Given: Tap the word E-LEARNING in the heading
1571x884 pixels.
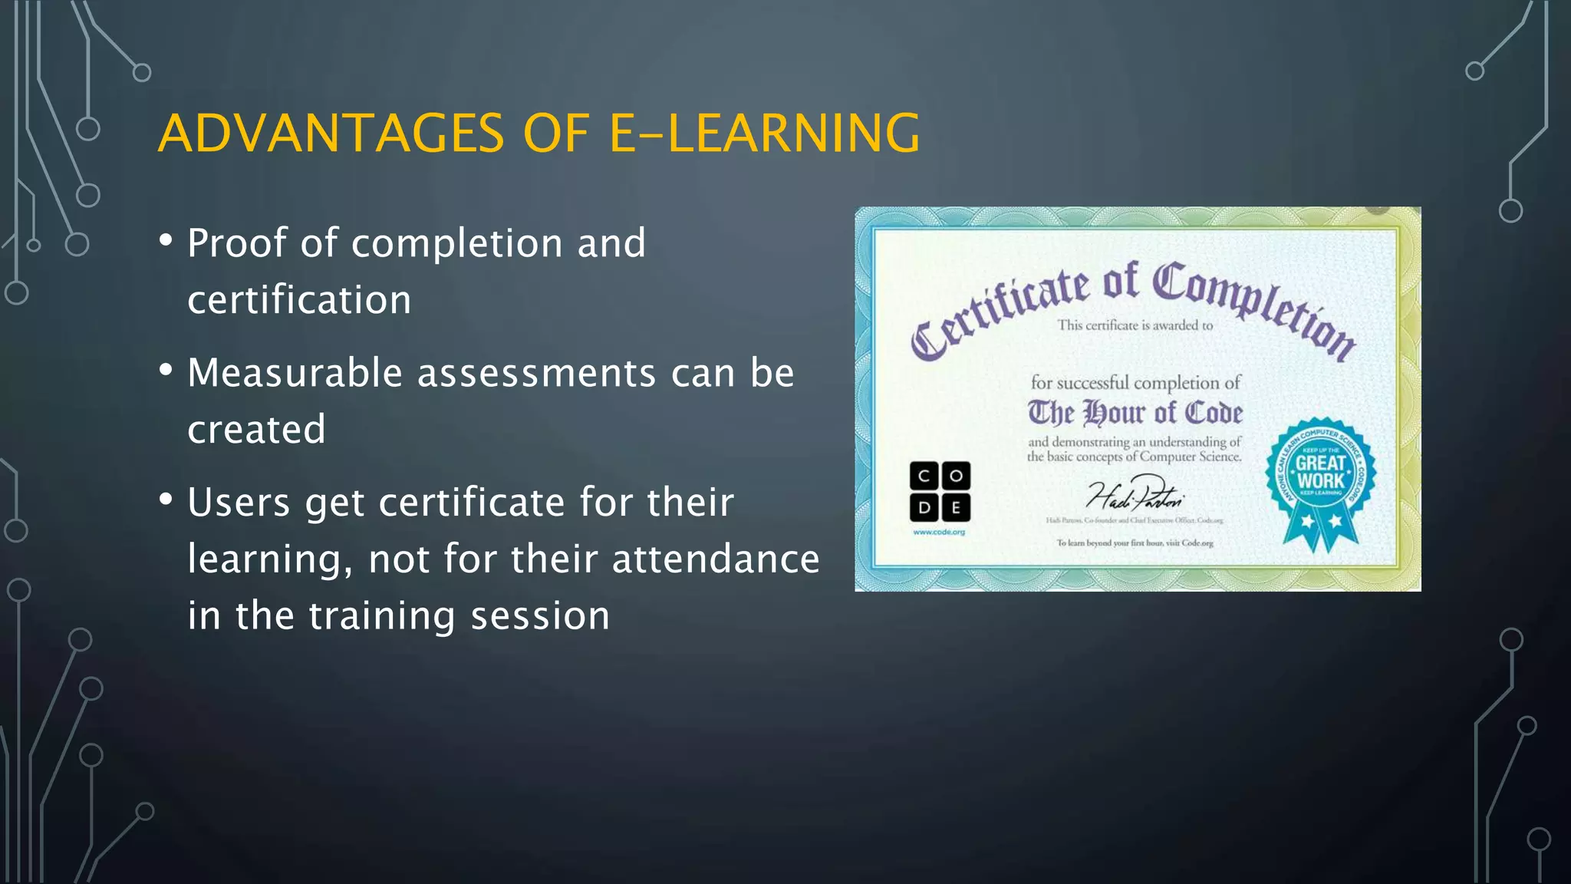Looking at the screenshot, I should pos(764,134).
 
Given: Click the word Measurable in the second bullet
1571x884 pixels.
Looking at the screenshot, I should pos(295,374).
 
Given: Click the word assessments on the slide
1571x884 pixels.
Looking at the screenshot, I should pos(536,374).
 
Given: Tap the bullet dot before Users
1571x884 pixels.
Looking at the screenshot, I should pos(166,500).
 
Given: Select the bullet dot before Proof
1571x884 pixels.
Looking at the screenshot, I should pos(166,241).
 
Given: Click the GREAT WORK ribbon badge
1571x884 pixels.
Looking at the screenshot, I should pos(1320,480).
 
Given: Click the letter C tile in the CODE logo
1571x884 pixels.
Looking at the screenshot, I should pos(924,476).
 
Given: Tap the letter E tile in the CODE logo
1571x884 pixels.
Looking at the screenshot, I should pos(956,507).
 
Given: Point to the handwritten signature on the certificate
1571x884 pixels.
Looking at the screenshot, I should pos(1135,495).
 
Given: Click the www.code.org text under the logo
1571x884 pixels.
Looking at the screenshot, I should pos(939,532).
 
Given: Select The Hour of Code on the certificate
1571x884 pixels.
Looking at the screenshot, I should pos(1135,413).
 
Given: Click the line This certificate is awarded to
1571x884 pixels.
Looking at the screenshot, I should pos(1135,325).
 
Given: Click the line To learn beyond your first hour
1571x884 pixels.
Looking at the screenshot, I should pos(1135,543).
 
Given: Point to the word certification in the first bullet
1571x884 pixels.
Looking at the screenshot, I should pos(299,300).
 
